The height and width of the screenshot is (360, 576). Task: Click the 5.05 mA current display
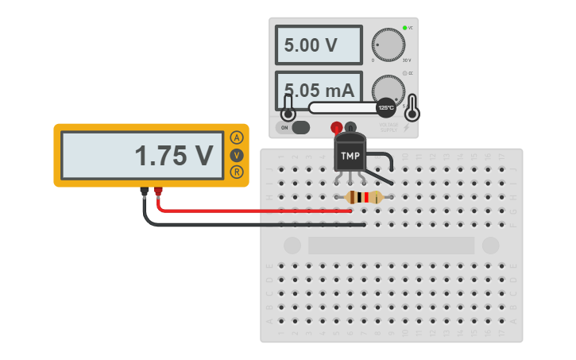[319, 89]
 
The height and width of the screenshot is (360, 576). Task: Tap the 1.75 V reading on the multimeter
[174, 156]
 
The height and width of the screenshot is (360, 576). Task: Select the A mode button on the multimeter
[237, 137]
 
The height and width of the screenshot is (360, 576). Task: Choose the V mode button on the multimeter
[237, 155]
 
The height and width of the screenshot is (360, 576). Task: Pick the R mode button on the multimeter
[237, 172]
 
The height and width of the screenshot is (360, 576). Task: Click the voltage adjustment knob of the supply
[388, 45]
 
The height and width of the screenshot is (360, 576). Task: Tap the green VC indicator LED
[404, 28]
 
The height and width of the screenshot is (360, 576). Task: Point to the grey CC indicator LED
[404, 73]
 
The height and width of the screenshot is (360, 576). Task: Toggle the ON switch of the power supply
[300, 127]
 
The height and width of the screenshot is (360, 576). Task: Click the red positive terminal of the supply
[336, 127]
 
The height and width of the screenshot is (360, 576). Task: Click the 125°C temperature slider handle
[385, 107]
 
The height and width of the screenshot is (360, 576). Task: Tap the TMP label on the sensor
[350, 156]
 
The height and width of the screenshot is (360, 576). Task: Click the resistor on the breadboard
[364, 198]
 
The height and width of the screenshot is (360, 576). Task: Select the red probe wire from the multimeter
[254, 211]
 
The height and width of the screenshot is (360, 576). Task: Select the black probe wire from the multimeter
[254, 225]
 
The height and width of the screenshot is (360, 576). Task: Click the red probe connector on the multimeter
[158, 192]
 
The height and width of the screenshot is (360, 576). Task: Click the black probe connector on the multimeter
[144, 192]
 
